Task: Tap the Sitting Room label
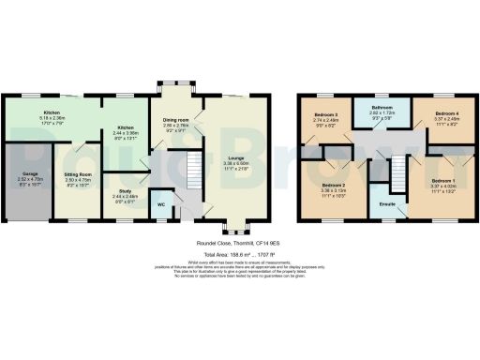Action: pos(76,174)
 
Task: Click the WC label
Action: pos(160,203)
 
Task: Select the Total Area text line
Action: pos(240,254)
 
